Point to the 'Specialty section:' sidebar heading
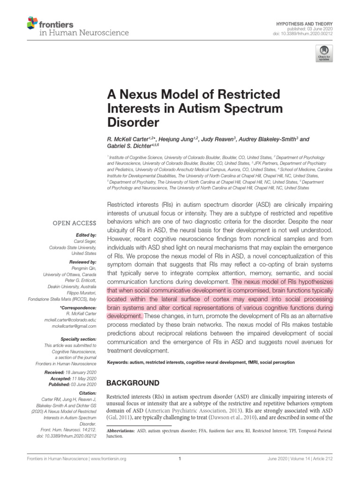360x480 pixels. tap(78, 338)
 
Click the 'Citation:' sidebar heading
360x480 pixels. tap(87, 393)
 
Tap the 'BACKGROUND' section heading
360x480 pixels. tap(133, 383)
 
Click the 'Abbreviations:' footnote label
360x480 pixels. tap(121, 430)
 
